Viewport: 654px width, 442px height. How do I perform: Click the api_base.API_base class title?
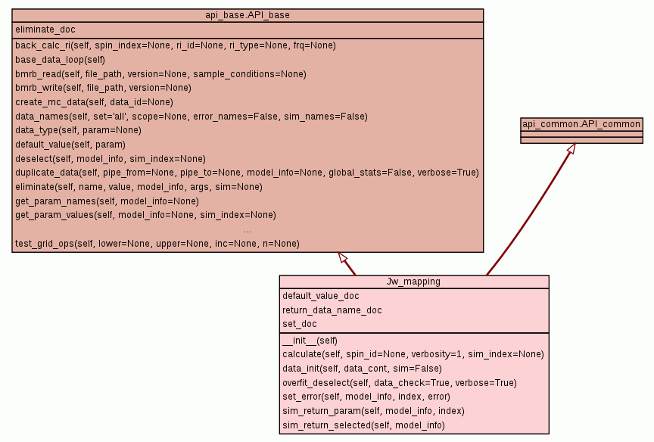click(x=248, y=15)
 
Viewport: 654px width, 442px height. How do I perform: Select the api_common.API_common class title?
click(x=581, y=124)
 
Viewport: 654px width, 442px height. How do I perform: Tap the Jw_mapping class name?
click(x=413, y=282)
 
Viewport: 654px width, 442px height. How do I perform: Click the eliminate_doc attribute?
click(x=45, y=30)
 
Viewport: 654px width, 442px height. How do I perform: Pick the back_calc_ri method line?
click(x=175, y=45)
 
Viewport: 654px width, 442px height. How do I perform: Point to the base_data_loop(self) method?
click(x=60, y=60)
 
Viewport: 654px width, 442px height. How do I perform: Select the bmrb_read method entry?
click(x=160, y=74)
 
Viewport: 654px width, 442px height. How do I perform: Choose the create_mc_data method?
click(x=94, y=102)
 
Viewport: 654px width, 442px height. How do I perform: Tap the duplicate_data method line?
click(x=247, y=173)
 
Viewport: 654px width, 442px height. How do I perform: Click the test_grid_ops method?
click(x=157, y=244)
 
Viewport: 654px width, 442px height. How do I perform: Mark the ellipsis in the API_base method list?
click(x=248, y=229)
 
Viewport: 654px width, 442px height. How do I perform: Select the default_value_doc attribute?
click(x=321, y=296)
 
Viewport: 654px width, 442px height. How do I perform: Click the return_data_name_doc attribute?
click(x=332, y=310)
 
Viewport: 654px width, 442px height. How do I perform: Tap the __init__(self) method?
click(x=310, y=341)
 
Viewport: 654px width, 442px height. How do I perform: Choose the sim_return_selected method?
click(x=363, y=425)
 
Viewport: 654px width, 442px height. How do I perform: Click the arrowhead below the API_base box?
click(x=342, y=257)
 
